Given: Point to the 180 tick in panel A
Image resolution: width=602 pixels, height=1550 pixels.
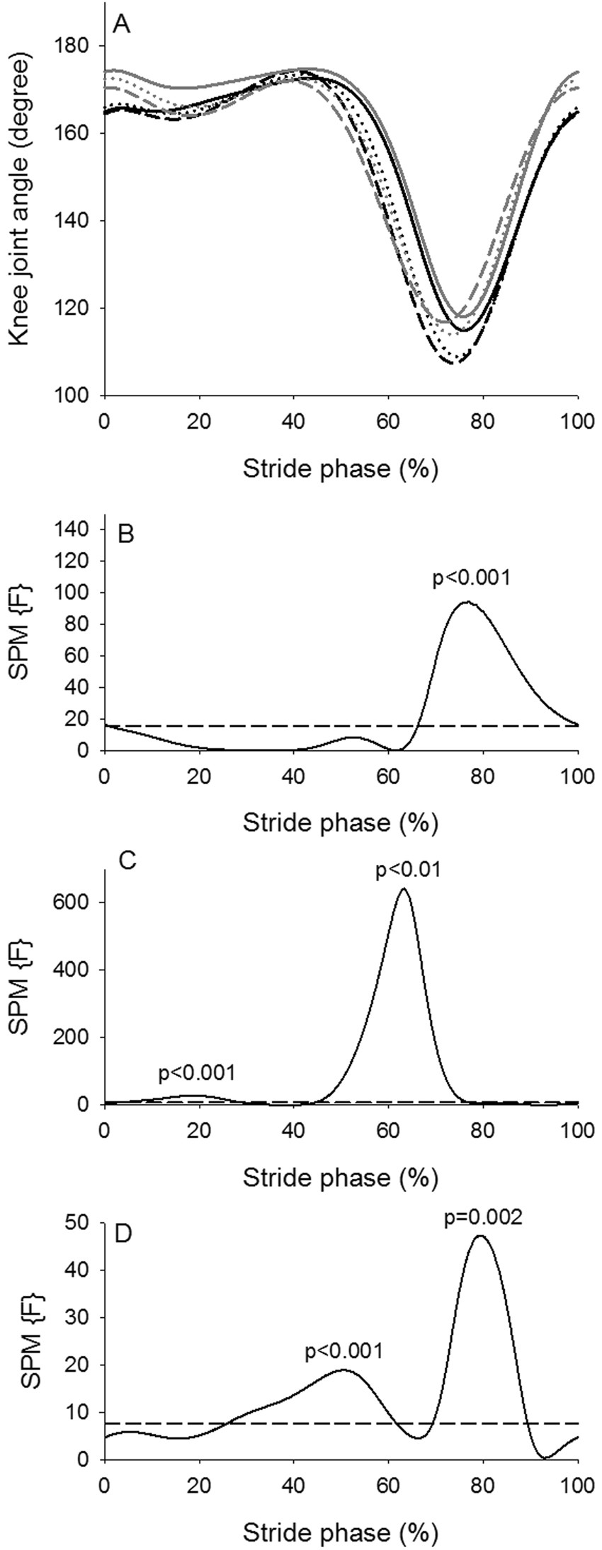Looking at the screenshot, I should [x=74, y=46].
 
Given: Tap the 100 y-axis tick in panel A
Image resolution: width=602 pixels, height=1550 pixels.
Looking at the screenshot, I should [x=74, y=395].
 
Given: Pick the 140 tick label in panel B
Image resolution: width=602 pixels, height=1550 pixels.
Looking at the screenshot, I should [x=74, y=529].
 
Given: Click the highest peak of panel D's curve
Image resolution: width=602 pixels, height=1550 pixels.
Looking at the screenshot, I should [x=481, y=1256].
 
